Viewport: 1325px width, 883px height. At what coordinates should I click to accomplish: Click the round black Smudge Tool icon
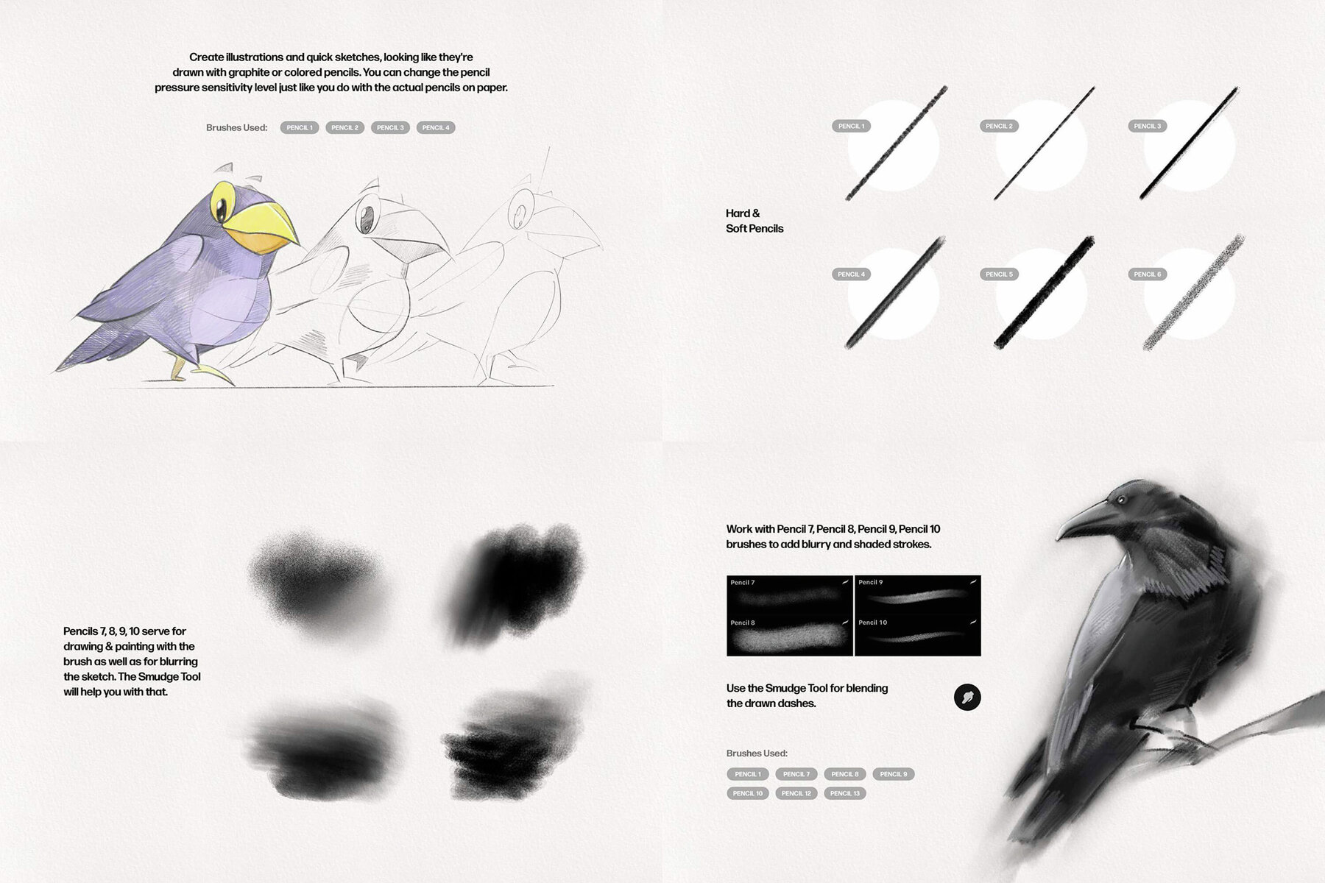coord(967,697)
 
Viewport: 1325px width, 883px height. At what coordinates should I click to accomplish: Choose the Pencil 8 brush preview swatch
coord(789,636)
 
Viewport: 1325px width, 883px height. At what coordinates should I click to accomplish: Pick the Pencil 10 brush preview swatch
coord(918,636)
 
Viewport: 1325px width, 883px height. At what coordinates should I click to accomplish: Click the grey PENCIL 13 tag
coord(844,793)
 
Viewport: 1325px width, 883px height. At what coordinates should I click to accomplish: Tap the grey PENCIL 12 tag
coord(796,793)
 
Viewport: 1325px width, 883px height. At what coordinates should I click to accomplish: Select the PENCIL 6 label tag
coord(1147,274)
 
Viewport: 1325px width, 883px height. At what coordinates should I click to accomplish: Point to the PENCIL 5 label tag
coord(999,274)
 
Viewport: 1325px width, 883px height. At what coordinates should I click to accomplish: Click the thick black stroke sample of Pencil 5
coord(1044,292)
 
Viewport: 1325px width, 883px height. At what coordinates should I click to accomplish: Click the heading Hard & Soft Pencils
coord(754,221)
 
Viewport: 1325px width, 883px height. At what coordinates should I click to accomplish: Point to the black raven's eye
coord(1120,500)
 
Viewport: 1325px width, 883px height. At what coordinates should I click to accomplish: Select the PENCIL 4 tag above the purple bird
coord(435,128)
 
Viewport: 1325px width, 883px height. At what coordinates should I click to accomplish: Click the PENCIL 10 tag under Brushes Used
coord(747,793)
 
